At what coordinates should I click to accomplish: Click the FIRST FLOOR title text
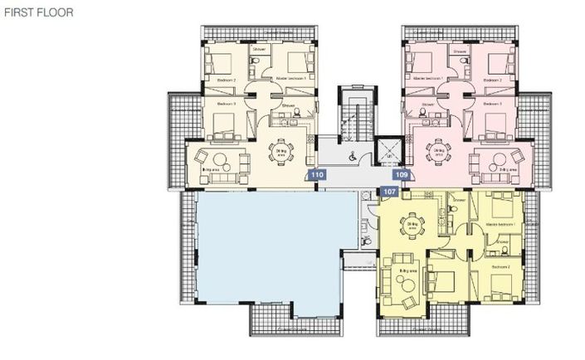tap(39, 12)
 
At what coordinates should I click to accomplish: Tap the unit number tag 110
tap(316, 175)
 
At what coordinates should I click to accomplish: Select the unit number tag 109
tap(402, 175)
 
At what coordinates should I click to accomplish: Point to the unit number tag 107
tap(390, 192)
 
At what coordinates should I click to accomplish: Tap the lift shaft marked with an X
tap(387, 152)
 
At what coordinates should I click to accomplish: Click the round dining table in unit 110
tap(283, 150)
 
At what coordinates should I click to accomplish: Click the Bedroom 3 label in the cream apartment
tap(227, 104)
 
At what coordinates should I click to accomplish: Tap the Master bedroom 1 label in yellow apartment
tap(501, 225)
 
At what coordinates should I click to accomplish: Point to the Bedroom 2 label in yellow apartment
tap(500, 267)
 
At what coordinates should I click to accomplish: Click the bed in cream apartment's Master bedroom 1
tap(296, 63)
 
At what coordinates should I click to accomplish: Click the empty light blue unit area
tap(257, 249)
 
